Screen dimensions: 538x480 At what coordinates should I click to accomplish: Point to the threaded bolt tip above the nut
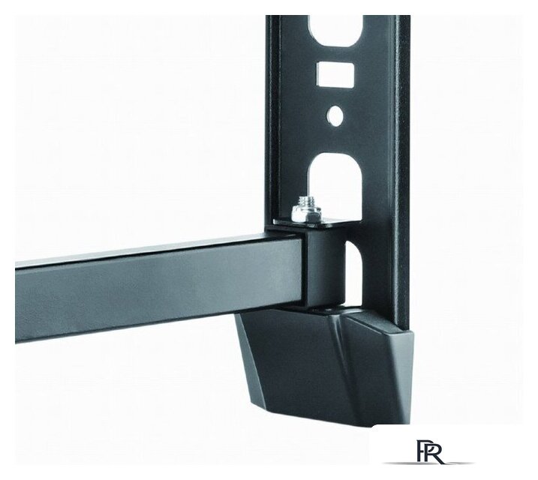(305, 201)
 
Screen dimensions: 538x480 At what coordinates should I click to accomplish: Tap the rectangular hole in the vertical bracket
(335, 74)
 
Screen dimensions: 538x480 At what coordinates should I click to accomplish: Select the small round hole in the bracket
(335, 115)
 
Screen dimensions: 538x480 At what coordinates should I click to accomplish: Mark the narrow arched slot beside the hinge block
(353, 271)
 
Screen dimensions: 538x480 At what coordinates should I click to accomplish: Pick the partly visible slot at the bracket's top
(335, 30)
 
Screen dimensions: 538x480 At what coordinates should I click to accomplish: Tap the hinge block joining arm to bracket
(323, 268)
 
